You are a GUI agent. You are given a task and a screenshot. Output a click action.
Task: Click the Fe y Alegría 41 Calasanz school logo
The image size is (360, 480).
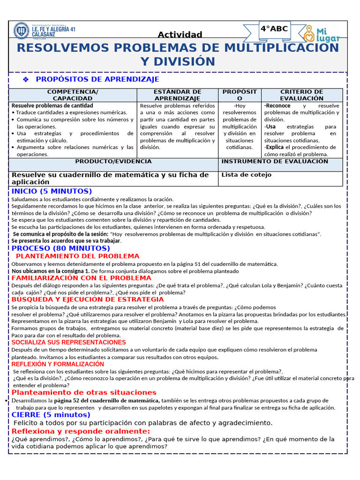tap(21, 31)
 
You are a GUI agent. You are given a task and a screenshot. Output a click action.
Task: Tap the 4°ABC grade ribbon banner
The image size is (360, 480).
tap(274, 30)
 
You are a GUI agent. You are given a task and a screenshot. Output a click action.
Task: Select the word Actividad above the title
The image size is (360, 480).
tap(180, 35)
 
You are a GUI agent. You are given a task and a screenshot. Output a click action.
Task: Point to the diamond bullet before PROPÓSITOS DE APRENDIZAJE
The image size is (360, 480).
tap(26, 80)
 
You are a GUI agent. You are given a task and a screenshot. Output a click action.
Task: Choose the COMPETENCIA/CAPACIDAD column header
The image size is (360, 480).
tap(73, 95)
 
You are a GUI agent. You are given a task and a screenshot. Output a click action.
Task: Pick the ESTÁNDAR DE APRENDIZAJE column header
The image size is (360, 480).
tap(178, 95)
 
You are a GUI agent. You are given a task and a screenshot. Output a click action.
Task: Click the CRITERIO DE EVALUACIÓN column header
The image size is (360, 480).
tap(301, 95)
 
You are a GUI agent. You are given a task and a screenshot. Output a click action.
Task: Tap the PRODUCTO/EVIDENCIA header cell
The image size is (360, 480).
tap(113, 161)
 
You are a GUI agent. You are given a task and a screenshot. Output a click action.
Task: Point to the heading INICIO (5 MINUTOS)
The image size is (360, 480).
tap(52, 191)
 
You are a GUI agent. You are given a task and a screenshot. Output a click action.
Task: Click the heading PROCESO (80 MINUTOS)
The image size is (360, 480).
tap(61, 248)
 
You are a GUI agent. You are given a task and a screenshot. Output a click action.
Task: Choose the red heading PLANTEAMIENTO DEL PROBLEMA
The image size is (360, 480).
tap(77, 256)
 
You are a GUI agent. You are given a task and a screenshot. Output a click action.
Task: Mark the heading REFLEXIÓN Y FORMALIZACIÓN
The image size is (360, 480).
tap(58, 364)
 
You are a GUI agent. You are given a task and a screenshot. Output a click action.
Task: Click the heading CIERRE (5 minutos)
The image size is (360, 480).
tap(51, 415)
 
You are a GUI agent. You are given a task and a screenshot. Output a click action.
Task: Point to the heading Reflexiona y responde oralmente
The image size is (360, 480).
tap(81, 431)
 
